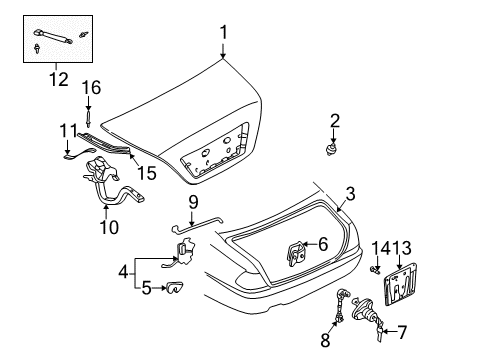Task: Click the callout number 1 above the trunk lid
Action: point(224,32)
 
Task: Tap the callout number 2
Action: point(335,121)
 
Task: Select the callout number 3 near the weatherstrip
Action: point(349,195)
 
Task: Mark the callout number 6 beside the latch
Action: point(322,244)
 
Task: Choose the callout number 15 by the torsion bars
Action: point(146,173)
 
